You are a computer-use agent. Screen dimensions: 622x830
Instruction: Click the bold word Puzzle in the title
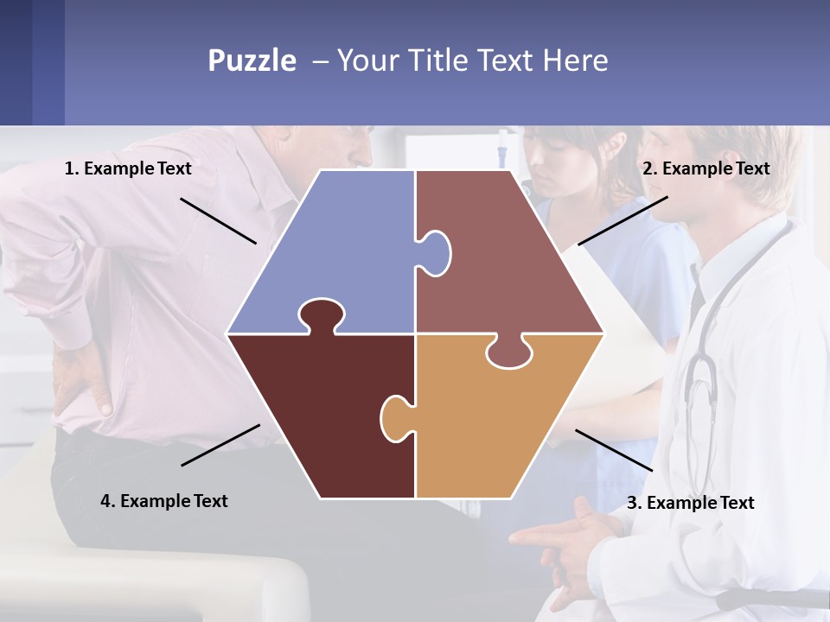pyautogui.click(x=252, y=60)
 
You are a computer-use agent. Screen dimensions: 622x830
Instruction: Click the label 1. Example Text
pyautogui.click(x=128, y=168)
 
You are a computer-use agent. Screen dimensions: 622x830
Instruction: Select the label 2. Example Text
pyautogui.click(x=705, y=168)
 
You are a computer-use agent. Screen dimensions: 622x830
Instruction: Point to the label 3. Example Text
pyautogui.click(x=690, y=503)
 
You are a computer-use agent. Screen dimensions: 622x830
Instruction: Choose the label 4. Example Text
pyautogui.click(x=164, y=501)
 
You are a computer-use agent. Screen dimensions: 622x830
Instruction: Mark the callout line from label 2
pyautogui.click(x=622, y=220)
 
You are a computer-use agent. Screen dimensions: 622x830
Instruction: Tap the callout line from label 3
pyautogui.click(x=614, y=450)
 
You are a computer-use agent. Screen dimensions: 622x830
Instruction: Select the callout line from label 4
pyautogui.click(x=220, y=445)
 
